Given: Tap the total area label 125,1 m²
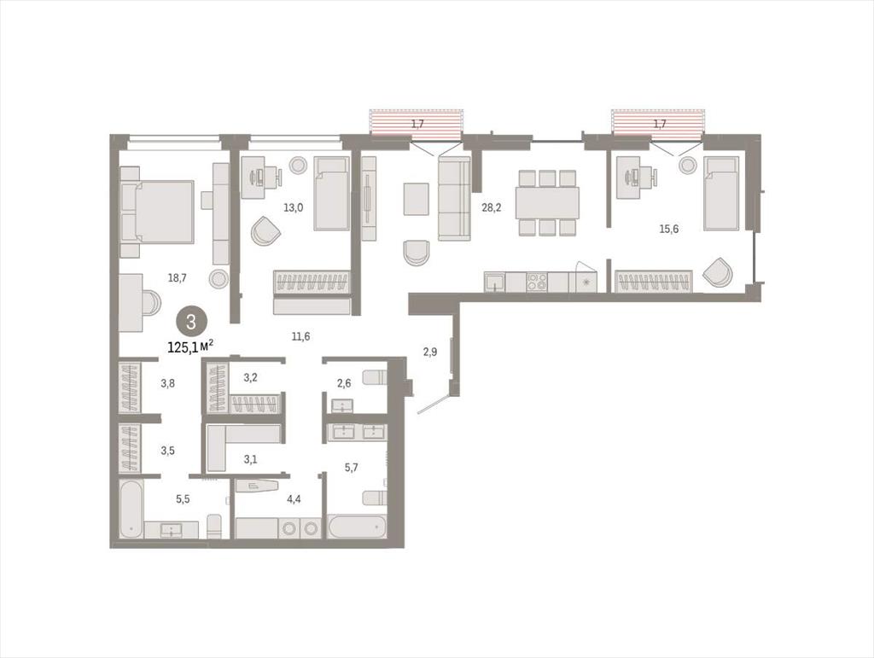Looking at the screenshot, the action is (190, 347).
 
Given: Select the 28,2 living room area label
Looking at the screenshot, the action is (491, 208).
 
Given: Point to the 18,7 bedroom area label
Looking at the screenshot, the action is (178, 277).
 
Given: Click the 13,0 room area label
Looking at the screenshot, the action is (294, 208).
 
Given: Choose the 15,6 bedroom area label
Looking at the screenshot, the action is (669, 229).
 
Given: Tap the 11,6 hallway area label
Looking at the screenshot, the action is (300, 336).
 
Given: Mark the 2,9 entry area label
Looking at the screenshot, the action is (430, 352).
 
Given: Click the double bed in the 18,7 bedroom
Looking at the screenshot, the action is (158, 212).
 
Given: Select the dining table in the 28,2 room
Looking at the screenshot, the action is (547, 203).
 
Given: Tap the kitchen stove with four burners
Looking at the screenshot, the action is (538, 282).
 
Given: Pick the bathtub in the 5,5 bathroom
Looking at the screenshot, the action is (131, 509).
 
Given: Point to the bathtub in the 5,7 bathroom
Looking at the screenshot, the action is (357, 527).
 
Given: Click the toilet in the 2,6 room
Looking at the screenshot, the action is (375, 377).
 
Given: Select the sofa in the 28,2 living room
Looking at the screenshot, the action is (454, 198).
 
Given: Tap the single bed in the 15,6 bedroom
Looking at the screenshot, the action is (721, 193).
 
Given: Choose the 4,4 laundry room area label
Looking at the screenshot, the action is (294, 498).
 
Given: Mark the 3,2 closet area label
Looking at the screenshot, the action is (250, 377).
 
